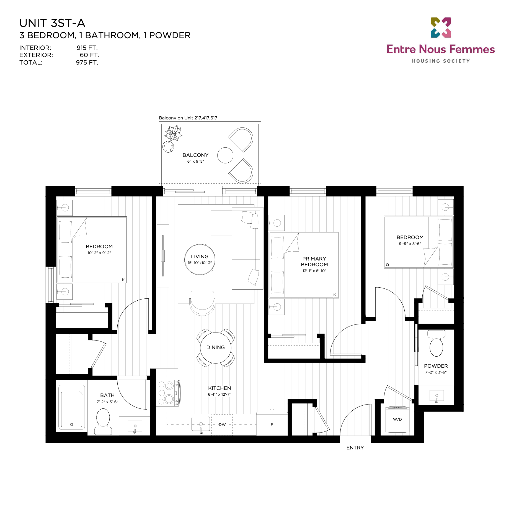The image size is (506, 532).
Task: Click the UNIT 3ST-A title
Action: (52, 23)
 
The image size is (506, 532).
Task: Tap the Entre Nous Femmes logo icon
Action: (441, 28)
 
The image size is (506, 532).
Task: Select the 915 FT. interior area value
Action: (87, 48)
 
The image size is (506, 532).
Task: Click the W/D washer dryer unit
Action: (397, 419)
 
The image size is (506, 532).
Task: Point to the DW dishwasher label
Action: (222, 424)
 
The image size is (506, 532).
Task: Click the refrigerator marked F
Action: (272, 424)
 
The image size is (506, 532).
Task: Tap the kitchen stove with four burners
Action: (168, 393)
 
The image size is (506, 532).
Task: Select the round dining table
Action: (216, 348)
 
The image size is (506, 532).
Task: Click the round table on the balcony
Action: (225, 155)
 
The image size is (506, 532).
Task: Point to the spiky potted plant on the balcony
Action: (173, 133)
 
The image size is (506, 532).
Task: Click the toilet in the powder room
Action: (436, 343)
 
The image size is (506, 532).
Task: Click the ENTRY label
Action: (355, 448)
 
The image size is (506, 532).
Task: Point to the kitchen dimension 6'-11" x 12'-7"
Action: (220, 394)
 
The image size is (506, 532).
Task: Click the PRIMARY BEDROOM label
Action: (314, 262)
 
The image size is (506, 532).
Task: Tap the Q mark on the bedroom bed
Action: (388, 265)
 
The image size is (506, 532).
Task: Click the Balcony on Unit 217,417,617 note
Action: (188, 118)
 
